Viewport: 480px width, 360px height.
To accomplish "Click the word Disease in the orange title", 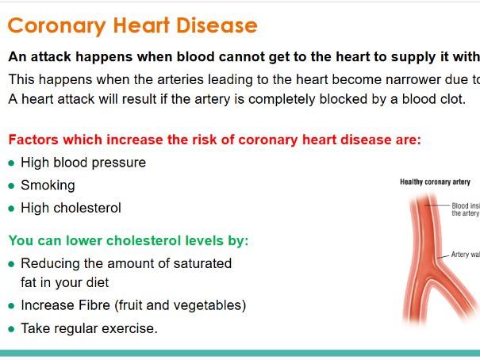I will pos(216,25).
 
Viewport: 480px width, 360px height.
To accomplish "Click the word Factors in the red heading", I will pos(32,140).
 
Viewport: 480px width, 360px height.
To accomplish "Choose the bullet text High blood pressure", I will pos(83,163).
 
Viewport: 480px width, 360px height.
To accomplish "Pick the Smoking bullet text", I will pos(48,186).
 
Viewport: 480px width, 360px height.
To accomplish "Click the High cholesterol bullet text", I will pos(71,209).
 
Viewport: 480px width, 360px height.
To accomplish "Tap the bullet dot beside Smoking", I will pos(11,186).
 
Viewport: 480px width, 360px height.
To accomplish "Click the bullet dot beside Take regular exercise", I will pos(11,328).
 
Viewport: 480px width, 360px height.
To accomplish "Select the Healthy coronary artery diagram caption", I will pos(435,182).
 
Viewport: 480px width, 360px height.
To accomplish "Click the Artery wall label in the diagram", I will pos(465,255).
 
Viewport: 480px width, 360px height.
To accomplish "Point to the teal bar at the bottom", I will pos(240,353).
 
